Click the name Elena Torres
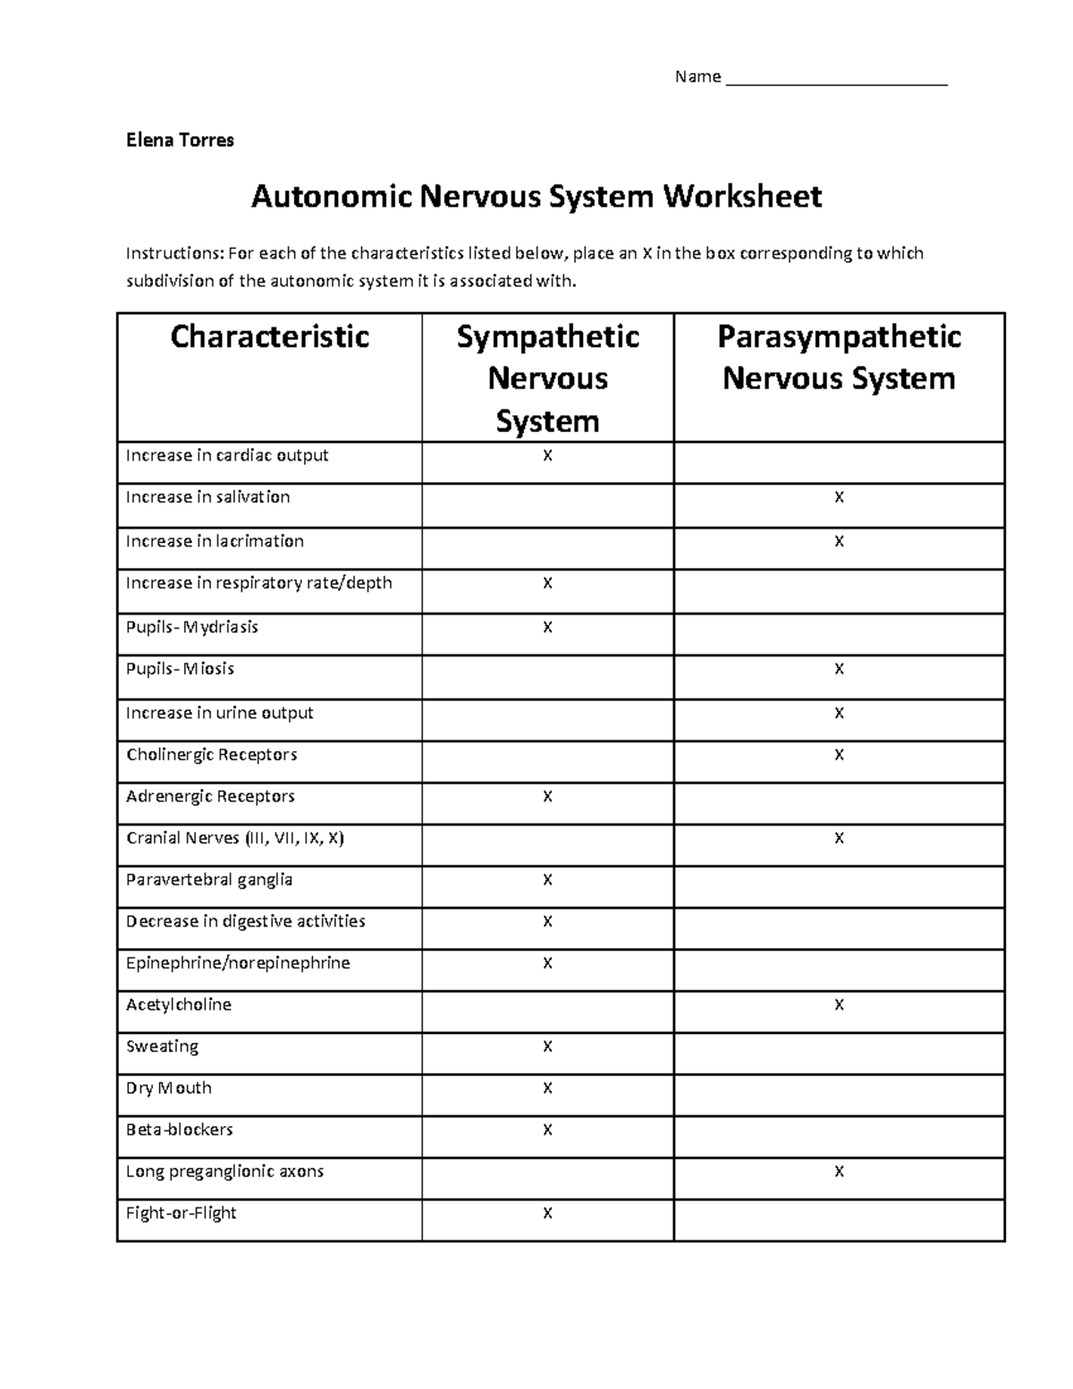(x=180, y=140)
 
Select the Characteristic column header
(x=269, y=337)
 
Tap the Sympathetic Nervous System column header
(x=547, y=378)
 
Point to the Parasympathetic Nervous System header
(x=839, y=358)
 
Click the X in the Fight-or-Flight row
(x=547, y=1214)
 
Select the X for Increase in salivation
(x=839, y=497)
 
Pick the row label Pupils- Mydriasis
(x=192, y=627)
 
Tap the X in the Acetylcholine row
(x=839, y=1005)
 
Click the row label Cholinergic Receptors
(x=212, y=755)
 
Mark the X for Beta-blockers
(x=547, y=1131)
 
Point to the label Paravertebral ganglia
(x=209, y=880)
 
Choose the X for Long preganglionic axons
(x=839, y=1172)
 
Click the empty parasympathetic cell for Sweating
(x=839, y=1054)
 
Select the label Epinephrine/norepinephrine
(x=238, y=963)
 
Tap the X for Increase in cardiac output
(x=547, y=456)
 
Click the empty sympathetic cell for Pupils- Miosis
(x=547, y=677)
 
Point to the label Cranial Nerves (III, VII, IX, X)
(x=235, y=839)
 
